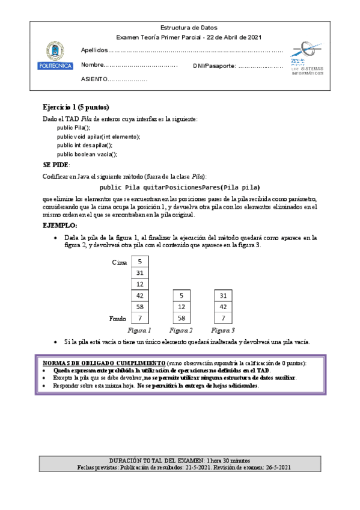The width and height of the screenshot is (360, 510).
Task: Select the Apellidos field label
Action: click(x=94, y=51)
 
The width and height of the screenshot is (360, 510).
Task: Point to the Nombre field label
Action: click(x=93, y=65)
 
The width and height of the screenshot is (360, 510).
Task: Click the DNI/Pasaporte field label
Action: click(x=215, y=66)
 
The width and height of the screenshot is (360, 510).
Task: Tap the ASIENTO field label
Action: click(x=94, y=79)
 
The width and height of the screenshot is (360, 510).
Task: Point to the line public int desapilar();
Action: click(x=85, y=145)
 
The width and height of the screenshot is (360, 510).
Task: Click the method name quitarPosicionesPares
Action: click(x=178, y=187)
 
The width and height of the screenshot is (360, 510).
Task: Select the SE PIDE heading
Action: click(x=56, y=165)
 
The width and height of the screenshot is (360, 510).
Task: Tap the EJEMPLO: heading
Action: click(x=60, y=225)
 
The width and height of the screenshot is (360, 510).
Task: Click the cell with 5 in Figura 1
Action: click(x=139, y=262)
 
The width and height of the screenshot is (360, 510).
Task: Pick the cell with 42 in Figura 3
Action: click(x=223, y=306)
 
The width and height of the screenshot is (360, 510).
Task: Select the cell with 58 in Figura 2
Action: click(x=182, y=318)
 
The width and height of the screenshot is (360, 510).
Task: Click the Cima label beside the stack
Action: click(x=120, y=262)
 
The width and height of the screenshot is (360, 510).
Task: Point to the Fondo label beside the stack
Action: click(x=118, y=318)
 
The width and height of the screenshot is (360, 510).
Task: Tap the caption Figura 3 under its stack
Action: click(x=223, y=330)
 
